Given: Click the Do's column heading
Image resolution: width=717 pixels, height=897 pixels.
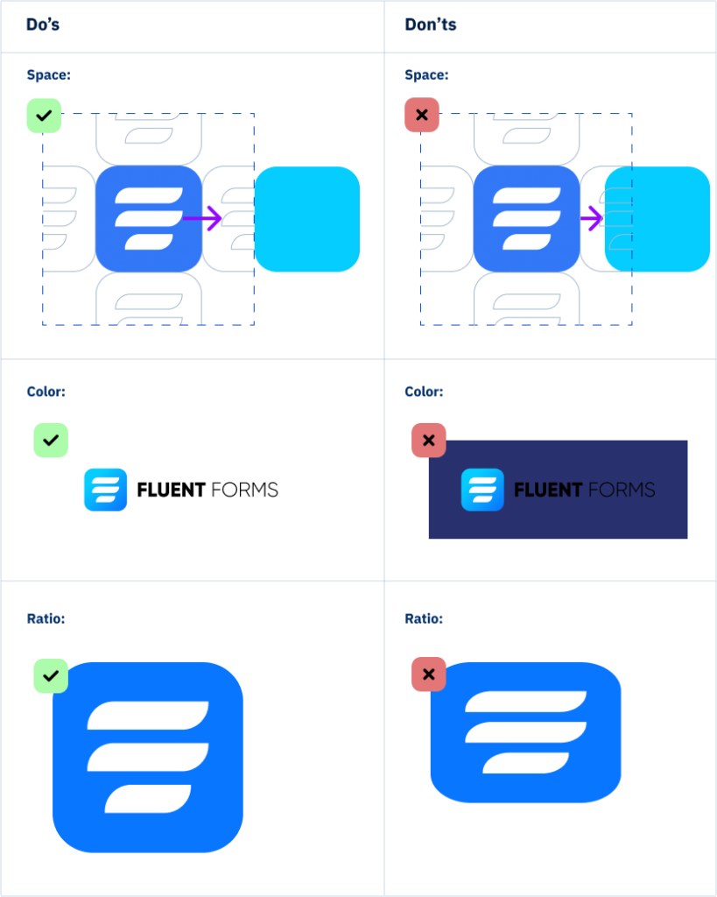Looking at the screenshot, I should (x=43, y=25).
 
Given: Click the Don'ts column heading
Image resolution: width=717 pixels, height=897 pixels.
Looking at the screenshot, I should (x=431, y=25).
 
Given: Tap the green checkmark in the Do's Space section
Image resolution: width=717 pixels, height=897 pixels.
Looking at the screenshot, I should (x=44, y=116).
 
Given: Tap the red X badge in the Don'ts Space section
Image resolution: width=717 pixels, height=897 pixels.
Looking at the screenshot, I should (x=422, y=116).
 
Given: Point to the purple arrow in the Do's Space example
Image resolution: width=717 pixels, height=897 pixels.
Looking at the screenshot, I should (x=204, y=218).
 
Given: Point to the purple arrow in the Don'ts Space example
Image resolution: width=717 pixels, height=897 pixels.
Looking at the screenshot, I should (x=593, y=218).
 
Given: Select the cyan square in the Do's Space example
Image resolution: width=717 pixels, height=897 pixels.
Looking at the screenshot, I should (x=307, y=219).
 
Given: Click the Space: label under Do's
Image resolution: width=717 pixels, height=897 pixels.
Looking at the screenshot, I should (x=48, y=75).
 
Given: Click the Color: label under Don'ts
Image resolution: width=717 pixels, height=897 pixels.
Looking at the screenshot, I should (x=424, y=392).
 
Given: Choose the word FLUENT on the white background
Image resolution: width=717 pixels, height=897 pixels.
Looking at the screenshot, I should (x=171, y=490).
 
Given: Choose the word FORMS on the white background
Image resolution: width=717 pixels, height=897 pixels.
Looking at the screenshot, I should (x=245, y=490).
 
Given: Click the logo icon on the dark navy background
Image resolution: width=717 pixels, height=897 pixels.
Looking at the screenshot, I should (x=482, y=490).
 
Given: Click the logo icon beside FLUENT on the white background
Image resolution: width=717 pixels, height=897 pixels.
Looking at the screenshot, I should (x=105, y=490).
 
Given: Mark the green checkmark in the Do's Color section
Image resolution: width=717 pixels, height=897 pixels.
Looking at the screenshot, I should (x=51, y=440).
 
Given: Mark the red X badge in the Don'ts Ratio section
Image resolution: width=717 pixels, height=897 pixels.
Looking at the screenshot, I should (x=429, y=675).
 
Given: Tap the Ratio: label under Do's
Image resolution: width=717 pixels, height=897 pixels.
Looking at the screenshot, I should (x=46, y=618).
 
